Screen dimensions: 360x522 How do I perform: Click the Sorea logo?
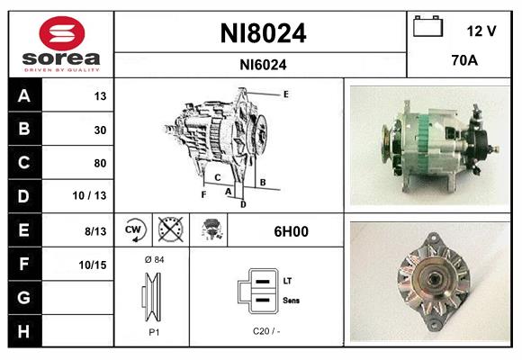click(x=62, y=44)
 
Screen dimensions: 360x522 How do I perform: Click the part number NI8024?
click(x=263, y=33)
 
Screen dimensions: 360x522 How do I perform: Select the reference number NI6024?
click(x=263, y=64)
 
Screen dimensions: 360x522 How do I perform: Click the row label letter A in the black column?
click(x=23, y=96)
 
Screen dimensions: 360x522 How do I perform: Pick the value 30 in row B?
click(x=99, y=130)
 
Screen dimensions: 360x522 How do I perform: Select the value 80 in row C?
click(x=99, y=163)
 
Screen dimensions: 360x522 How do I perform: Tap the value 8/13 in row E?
click(x=95, y=230)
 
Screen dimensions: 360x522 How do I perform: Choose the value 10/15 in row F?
click(x=94, y=264)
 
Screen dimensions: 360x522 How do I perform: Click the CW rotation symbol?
click(x=134, y=230)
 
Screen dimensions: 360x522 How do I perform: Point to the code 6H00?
click(x=291, y=231)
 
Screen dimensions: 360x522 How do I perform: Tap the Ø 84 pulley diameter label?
click(x=152, y=259)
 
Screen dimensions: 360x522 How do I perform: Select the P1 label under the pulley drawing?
click(x=152, y=331)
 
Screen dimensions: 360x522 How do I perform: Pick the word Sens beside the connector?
click(x=291, y=300)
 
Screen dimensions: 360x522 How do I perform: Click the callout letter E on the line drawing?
click(x=285, y=94)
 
